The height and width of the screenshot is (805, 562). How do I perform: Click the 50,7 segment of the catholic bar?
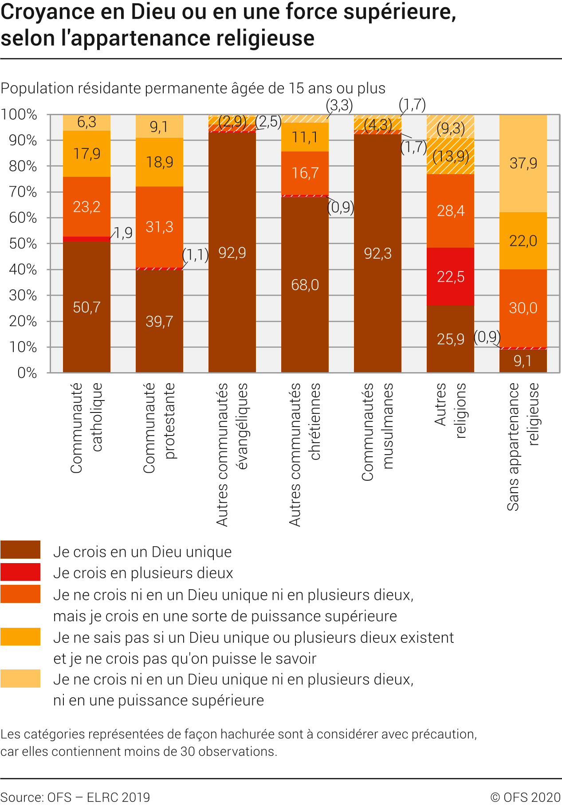(86, 307)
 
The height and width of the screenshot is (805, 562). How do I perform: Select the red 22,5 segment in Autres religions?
(450, 276)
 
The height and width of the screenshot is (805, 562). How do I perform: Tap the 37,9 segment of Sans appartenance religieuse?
(523, 163)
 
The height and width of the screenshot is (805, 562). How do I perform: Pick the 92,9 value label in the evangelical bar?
(232, 253)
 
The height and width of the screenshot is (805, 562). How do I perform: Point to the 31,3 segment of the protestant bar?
(159, 227)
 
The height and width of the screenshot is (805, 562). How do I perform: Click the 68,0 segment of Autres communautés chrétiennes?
(305, 284)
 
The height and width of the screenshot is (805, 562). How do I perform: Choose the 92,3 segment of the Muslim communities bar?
(377, 253)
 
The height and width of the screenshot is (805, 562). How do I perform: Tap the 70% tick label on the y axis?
(23, 192)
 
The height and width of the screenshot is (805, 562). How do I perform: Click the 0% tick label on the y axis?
(27, 373)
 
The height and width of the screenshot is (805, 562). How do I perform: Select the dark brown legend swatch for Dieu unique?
(20, 550)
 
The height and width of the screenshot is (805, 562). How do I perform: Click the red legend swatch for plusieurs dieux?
(20, 572)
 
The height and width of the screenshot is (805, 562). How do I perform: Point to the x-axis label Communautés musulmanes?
(377, 432)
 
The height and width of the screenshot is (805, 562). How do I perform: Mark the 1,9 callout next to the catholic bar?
(124, 233)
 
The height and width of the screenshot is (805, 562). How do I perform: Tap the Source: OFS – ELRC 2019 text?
(75, 797)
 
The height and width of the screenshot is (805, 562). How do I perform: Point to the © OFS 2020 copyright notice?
(526, 797)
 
